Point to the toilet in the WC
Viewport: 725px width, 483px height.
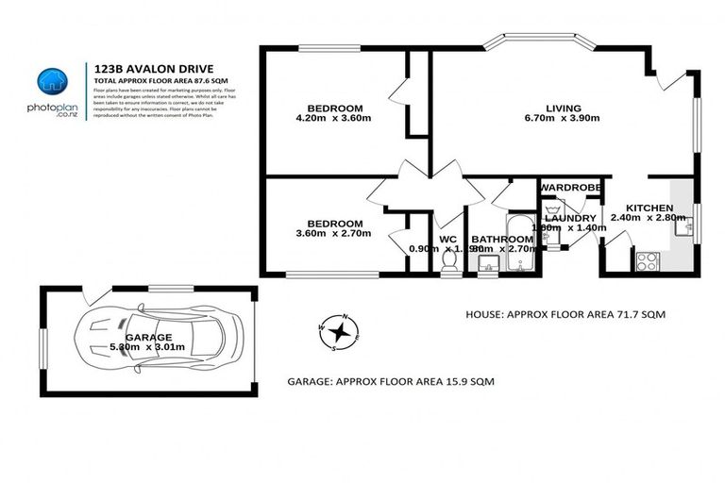click(x=450, y=257)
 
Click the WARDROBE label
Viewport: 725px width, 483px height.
click(x=570, y=188)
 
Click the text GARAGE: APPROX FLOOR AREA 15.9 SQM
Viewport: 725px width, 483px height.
click(x=391, y=382)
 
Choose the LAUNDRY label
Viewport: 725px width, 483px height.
click(x=570, y=218)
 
